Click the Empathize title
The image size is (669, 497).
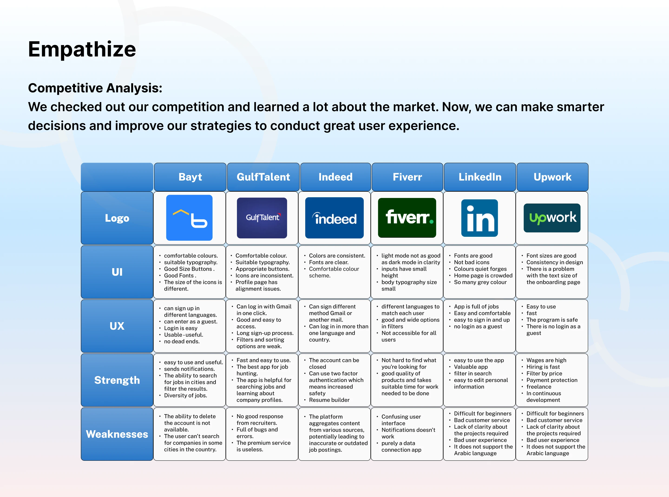click(x=82, y=49)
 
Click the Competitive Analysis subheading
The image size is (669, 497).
click(x=95, y=88)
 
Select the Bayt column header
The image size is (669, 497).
click(x=190, y=177)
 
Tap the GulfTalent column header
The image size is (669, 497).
click(x=263, y=177)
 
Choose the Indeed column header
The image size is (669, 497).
click(x=335, y=177)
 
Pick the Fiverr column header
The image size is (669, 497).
click(x=407, y=177)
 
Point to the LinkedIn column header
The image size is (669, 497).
click(x=480, y=177)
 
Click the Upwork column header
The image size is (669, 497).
click(x=552, y=177)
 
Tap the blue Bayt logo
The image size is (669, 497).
click(x=189, y=218)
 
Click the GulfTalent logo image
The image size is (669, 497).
click(x=262, y=218)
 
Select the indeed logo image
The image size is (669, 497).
click(x=334, y=218)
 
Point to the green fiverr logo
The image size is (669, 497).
click(x=407, y=218)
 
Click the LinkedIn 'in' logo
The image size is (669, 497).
click(x=479, y=218)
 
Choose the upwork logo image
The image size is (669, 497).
click(x=552, y=218)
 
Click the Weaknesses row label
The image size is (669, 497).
click(x=117, y=434)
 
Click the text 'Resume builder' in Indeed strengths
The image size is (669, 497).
click(x=329, y=400)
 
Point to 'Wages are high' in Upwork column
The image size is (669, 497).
click(x=546, y=360)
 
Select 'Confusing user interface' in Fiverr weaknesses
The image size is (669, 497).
click(x=401, y=420)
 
